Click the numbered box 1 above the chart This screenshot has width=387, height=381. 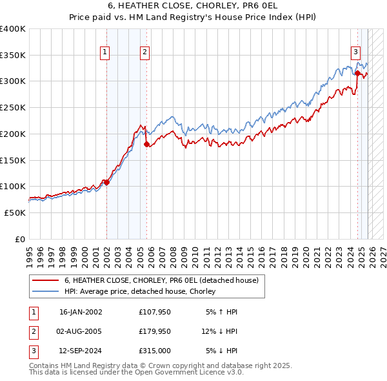(x=104, y=53)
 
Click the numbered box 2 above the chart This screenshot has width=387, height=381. (x=145, y=53)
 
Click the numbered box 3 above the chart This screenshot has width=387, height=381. (x=355, y=53)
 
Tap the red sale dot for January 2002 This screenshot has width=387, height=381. (x=107, y=183)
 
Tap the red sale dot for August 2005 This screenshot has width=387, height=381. (x=146, y=145)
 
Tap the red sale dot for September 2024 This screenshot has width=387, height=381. (x=357, y=74)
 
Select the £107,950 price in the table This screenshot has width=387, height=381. (x=154, y=312)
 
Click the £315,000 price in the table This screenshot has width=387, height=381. (x=154, y=352)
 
